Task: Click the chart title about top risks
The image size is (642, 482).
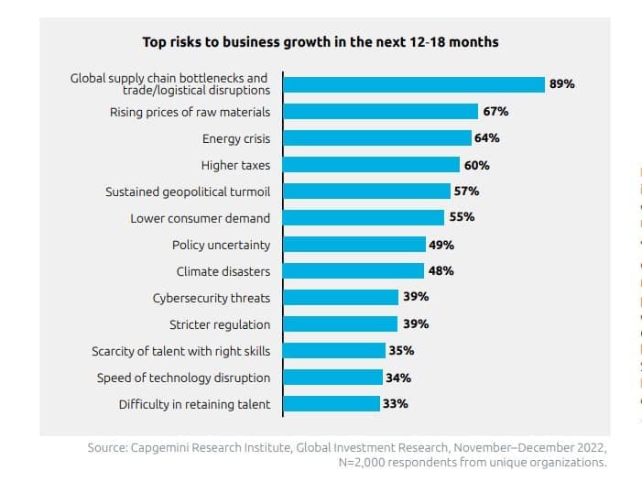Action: pyautogui.click(x=321, y=42)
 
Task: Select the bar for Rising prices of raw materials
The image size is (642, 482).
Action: pyautogui.click(x=381, y=112)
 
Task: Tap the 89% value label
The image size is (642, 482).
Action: pyautogui.click(x=561, y=84)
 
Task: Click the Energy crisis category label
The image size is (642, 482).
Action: pyautogui.click(x=236, y=139)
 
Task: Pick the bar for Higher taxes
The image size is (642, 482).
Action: pyautogui.click(x=371, y=165)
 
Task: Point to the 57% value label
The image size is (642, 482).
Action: pyautogui.click(x=466, y=192)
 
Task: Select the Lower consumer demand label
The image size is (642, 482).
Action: pyautogui.click(x=200, y=218)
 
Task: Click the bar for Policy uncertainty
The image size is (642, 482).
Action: pyautogui.click(x=354, y=245)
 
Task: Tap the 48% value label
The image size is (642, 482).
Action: pyautogui.click(x=441, y=271)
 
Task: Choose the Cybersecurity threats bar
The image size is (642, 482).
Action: pyautogui.click(x=341, y=298)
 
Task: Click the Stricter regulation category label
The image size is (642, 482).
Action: pyautogui.click(x=220, y=324)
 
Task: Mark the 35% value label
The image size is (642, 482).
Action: pyautogui.click(x=401, y=350)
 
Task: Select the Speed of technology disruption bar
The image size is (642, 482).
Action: pyautogui.click(x=332, y=377)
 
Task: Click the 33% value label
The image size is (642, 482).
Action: pyautogui.click(x=396, y=403)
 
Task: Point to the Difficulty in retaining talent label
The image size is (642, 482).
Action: pyautogui.click(x=195, y=404)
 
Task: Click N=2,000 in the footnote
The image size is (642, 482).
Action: pyautogui.click(x=364, y=463)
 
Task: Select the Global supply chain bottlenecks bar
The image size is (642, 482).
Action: pyautogui.click(x=414, y=84)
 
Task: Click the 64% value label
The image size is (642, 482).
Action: pyautogui.click(x=487, y=138)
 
